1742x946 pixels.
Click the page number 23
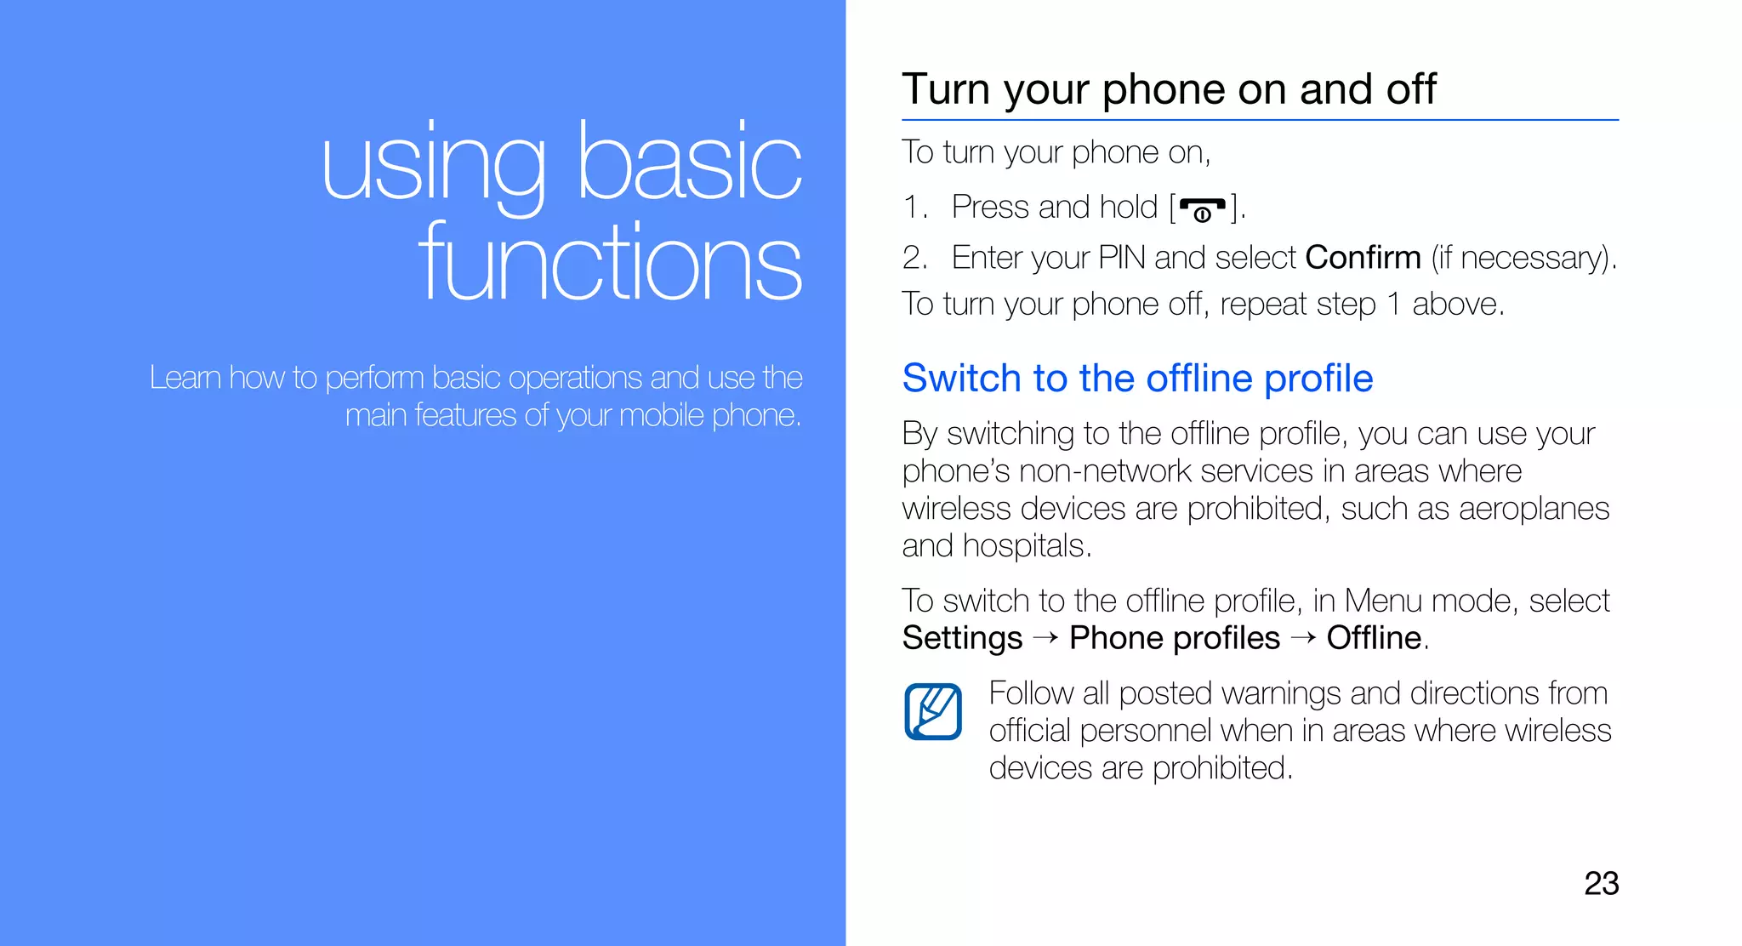tap(1601, 883)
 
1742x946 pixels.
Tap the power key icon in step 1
tap(1202, 208)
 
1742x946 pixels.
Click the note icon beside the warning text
tap(933, 711)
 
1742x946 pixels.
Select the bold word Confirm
tap(1363, 257)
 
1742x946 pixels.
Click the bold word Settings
tap(962, 638)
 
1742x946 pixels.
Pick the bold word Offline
tap(1374, 638)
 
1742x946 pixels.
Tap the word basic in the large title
tap(689, 162)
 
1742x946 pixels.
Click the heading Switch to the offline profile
tap(1137, 379)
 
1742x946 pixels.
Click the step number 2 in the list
tap(914, 257)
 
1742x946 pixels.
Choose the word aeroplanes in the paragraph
tap(1534, 509)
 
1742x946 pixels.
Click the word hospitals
tap(1027, 546)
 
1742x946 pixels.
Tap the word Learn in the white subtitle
tap(185, 377)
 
